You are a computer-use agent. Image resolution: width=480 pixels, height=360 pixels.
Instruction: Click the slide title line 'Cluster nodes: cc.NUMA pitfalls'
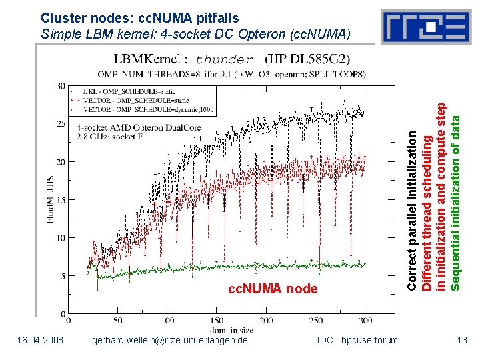tap(139, 17)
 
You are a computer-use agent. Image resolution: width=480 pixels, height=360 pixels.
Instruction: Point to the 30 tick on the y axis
tap(61, 87)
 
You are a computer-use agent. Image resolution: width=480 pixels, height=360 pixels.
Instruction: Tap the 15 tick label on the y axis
tap(61, 200)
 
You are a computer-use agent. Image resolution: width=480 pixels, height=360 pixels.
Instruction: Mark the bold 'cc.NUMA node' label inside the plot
tap(273, 289)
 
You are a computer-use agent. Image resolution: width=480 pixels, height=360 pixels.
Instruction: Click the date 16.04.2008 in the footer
tap(42, 341)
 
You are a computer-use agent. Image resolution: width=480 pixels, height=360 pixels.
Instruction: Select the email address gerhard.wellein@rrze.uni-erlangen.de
tap(169, 341)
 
